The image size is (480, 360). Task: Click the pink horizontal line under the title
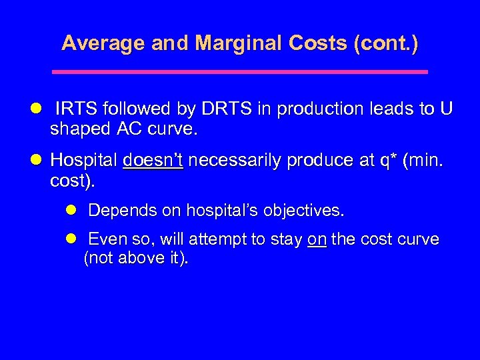point(240,71)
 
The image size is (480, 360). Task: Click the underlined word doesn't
point(153,161)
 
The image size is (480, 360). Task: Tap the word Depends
point(117,211)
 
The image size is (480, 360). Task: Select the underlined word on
point(317,239)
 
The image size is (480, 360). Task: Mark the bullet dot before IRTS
point(37,109)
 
